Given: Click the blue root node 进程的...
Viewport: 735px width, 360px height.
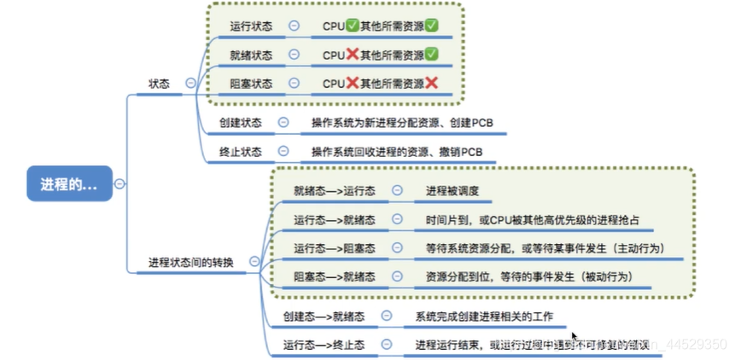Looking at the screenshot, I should click(x=69, y=183).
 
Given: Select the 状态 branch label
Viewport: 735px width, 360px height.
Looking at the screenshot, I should click(x=159, y=84).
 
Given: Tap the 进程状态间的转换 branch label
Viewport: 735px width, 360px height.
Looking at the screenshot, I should click(x=190, y=261).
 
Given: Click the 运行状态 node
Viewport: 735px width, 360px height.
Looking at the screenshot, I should click(x=251, y=26).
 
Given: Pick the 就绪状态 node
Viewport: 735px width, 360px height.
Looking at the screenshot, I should click(x=251, y=55).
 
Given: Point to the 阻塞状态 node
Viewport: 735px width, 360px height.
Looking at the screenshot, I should click(x=251, y=83).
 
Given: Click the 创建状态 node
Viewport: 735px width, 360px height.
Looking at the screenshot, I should click(x=240, y=123).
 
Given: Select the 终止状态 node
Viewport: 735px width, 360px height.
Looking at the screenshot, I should click(x=240, y=152).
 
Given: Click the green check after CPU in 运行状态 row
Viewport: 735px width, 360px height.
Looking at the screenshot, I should click(x=353, y=26).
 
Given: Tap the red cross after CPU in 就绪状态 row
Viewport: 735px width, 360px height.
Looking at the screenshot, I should click(x=353, y=55).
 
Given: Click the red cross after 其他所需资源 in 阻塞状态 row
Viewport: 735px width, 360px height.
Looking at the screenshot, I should click(x=431, y=83).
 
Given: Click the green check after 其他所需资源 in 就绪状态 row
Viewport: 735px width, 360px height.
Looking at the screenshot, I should click(x=431, y=55).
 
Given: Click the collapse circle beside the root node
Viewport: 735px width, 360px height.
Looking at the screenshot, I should click(x=120, y=183).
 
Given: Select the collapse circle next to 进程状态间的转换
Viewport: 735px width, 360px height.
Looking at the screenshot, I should click(x=254, y=261).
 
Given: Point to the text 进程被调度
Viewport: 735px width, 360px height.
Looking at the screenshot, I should click(x=452, y=191).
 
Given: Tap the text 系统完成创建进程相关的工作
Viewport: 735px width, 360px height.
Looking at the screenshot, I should click(x=483, y=316).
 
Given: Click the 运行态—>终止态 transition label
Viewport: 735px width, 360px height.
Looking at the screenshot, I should click(x=324, y=344).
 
